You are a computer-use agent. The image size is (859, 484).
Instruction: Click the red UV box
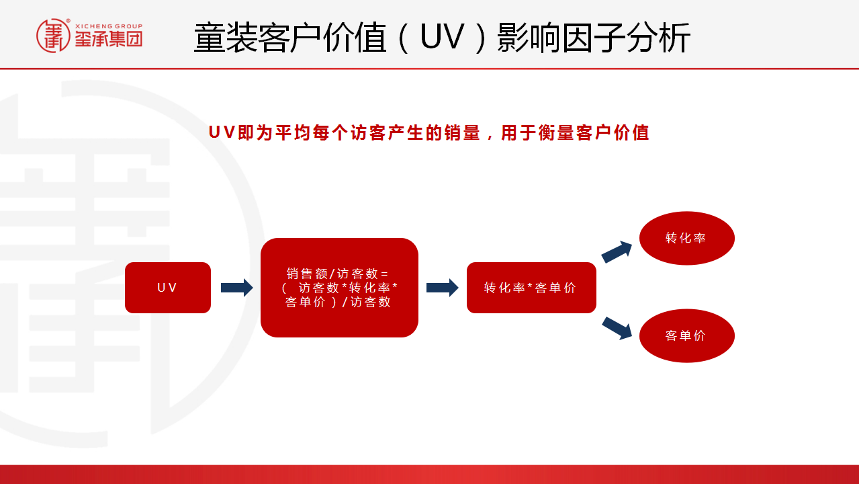[168, 288]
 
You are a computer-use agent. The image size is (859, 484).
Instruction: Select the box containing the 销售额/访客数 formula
[339, 288]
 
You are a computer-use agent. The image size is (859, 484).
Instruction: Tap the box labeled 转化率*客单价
[531, 288]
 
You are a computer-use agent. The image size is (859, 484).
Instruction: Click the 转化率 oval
[687, 238]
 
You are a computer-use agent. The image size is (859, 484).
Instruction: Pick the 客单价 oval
[687, 336]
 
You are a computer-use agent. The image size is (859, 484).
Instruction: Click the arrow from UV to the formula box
[236, 288]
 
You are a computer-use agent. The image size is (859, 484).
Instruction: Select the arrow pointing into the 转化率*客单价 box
[442, 288]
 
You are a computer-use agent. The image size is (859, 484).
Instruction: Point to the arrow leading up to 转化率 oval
[617, 252]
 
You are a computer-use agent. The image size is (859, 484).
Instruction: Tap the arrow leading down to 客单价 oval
[617, 329]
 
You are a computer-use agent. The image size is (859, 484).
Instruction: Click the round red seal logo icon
[53, 36]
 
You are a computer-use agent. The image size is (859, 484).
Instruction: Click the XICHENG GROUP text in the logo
[109, 26]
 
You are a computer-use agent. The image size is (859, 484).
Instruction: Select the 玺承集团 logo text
[109, 39]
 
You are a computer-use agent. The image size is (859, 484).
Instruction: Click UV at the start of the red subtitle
[222, 132]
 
